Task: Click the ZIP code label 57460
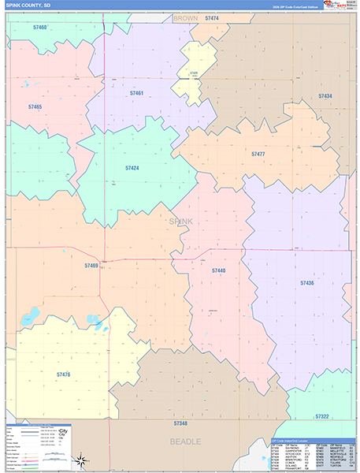click(40, 28)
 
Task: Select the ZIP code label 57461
click(136, 94)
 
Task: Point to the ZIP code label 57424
click(132, 168)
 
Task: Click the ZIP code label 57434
click(325, 96)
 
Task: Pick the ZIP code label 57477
click(258, 155)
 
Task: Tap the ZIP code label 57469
click(91, 266)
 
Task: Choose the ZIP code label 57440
click(218, 270)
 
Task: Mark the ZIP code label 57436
click(307, 282)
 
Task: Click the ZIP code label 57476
click(63, 374)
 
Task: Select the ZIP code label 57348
click(181, 424)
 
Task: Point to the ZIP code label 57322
click(321, 416)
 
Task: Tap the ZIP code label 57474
click(211, 17)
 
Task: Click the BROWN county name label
click(186, 17)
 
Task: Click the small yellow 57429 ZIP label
click(194, 73)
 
